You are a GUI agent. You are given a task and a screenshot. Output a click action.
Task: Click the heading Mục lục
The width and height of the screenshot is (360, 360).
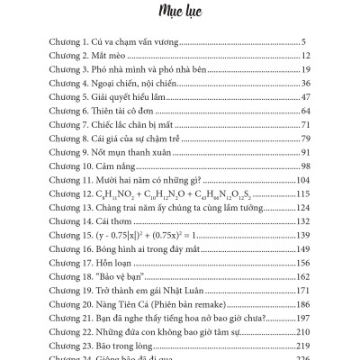[180, 13]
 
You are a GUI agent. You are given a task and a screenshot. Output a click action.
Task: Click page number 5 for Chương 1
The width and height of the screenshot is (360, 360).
[306, 41]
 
